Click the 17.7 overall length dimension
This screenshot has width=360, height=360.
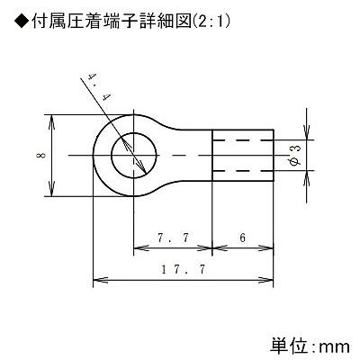tap(184, 269)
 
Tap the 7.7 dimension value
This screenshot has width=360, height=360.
tap(174, 238)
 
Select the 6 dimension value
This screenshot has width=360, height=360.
tap(242, 238)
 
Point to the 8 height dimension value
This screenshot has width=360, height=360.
tap(41, 156)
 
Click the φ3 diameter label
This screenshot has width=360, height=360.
tap(295, 156)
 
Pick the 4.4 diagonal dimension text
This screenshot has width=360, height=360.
tap(97, 87)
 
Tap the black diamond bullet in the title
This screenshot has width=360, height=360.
tap(22, 22)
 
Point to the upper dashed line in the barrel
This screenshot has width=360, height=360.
tap(243, 140)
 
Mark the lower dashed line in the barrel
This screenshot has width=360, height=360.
tap(243, 171)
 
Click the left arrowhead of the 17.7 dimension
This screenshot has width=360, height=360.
tap(100, 280)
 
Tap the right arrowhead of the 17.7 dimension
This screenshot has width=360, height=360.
tap(266, 280)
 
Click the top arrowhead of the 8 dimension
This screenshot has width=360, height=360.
tap(52, 121)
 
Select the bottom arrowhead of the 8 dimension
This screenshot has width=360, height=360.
tap(52, 189)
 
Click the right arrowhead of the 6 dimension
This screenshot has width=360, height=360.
tap(266, 248)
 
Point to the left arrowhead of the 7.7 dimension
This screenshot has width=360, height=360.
tap(140, 248)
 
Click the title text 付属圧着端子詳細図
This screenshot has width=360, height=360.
tap(112, 22)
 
